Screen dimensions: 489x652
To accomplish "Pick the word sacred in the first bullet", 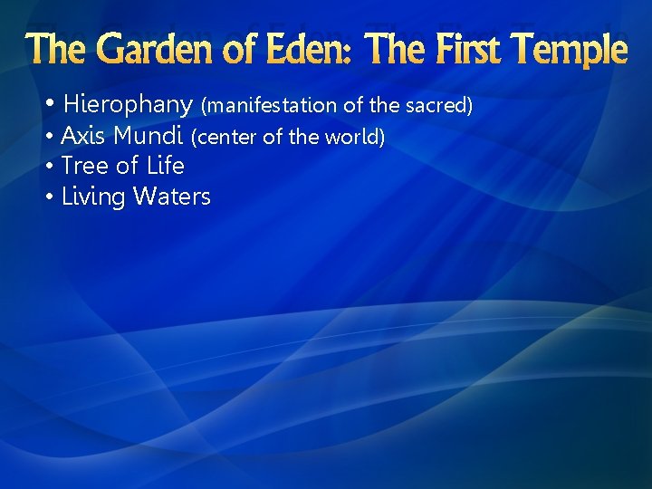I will point(440,106).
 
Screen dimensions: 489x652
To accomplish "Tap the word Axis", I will point(83,137).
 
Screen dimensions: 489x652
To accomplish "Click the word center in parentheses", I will point(225,138).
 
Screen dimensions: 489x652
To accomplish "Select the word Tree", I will point(84,166).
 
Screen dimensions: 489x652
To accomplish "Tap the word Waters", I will point(171,197).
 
